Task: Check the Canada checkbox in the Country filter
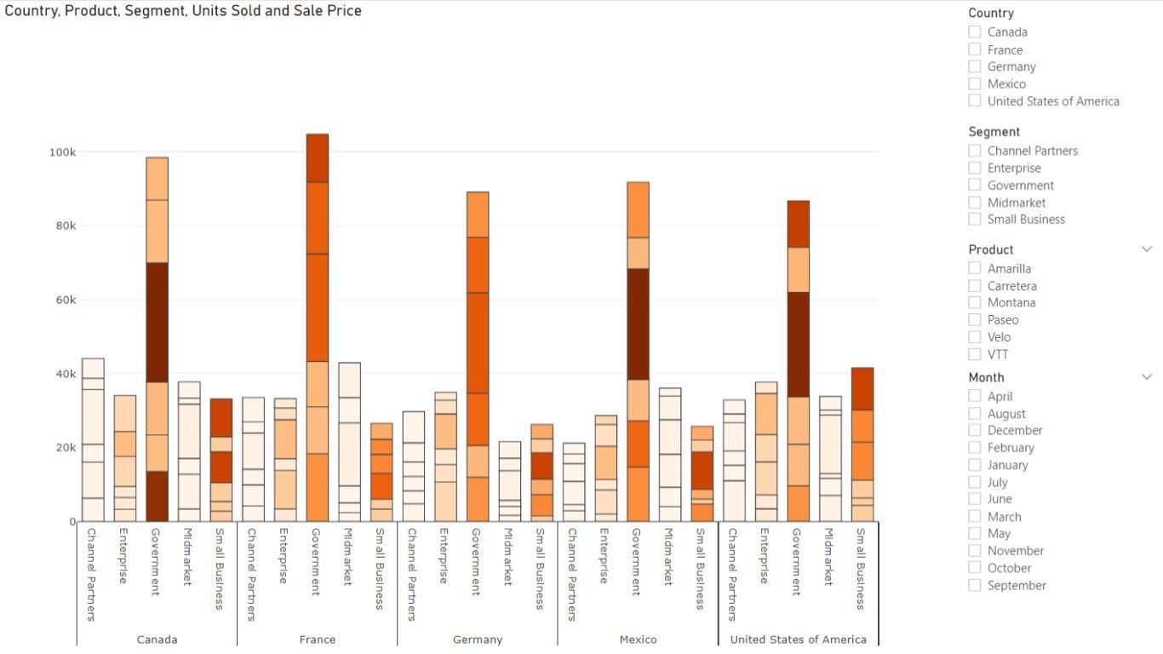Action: (975, 32)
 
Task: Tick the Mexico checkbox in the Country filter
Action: (975, 83)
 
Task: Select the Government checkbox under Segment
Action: (975, 185)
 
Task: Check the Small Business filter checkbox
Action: (975, 219)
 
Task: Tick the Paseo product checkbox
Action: (975, 319)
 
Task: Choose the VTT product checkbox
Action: (975, 354)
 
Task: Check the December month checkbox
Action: (975, 430)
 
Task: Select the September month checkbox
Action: (975, 585)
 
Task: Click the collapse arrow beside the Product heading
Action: (1147, 250)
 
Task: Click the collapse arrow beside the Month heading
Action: (1147, 377)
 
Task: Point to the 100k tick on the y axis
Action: (62, 152)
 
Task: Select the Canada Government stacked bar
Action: (157, 341)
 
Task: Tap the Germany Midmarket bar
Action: (509, 481)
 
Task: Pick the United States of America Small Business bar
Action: (862, 443)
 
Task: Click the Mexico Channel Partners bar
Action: (573, 482)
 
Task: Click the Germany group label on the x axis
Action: (478, 640)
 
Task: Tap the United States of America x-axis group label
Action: (798, 640)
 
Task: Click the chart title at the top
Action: (183, 11)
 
